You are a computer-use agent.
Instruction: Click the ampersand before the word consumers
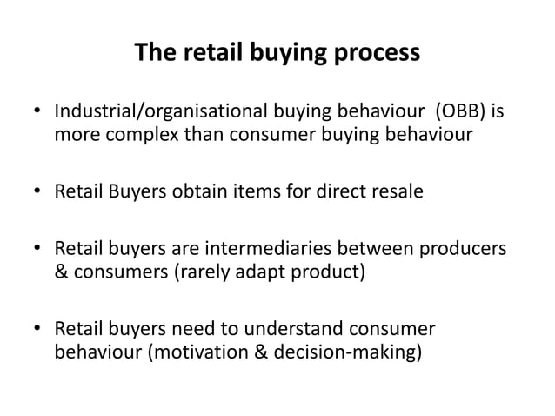tap(61, 274)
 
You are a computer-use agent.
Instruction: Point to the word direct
tap(326, 191)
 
